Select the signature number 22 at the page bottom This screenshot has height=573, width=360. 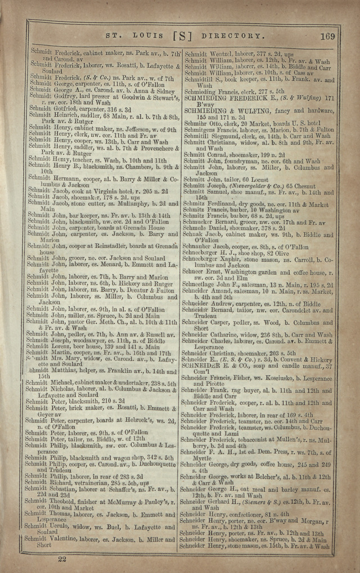[62, 558]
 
